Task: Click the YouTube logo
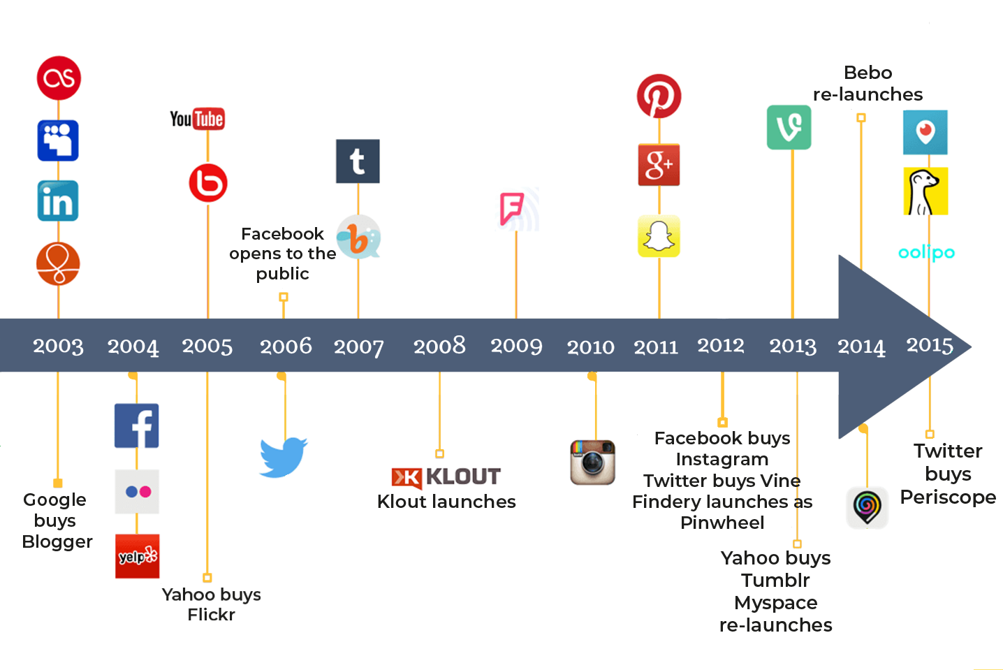tap(197, 119)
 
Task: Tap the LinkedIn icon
tap(58, 201)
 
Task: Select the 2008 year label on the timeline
tap(439, 347)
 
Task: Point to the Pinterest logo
tap(659, 96)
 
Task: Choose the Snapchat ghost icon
tap(659, 236)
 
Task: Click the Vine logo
tap(789, 127)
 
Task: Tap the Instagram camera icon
tap(593, 463)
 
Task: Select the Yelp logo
tap(138, 556)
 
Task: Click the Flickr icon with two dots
tap(137, 491)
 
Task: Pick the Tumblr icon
tap(358, 161)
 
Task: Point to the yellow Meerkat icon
tap(925, 191)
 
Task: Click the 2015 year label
tap(930, 345)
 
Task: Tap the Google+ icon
tap(659, 165)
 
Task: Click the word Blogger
tap(57, 542)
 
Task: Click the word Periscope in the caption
tap(948, 497)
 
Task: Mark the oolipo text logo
tap(926, 253)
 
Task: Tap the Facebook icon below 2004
tap(137, 426)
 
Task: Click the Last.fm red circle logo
tap(59, 78)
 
